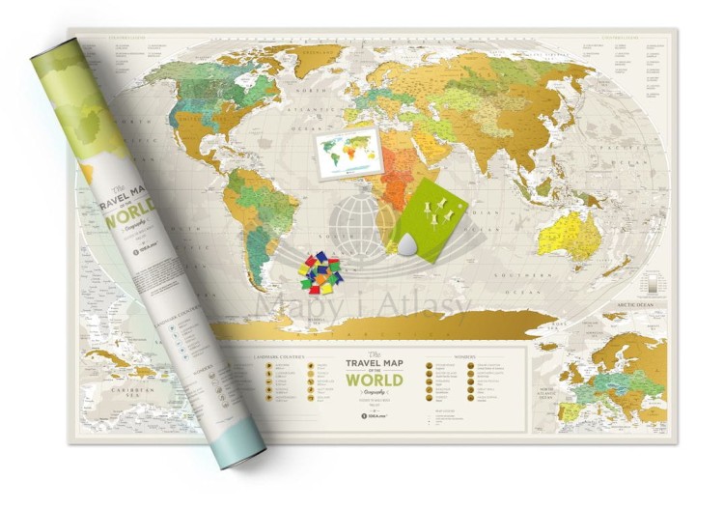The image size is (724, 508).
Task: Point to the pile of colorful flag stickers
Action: [x=320, y=273]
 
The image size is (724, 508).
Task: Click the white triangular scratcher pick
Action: [x=408, y=250]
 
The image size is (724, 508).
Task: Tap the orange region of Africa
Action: [x=396, y=188]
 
